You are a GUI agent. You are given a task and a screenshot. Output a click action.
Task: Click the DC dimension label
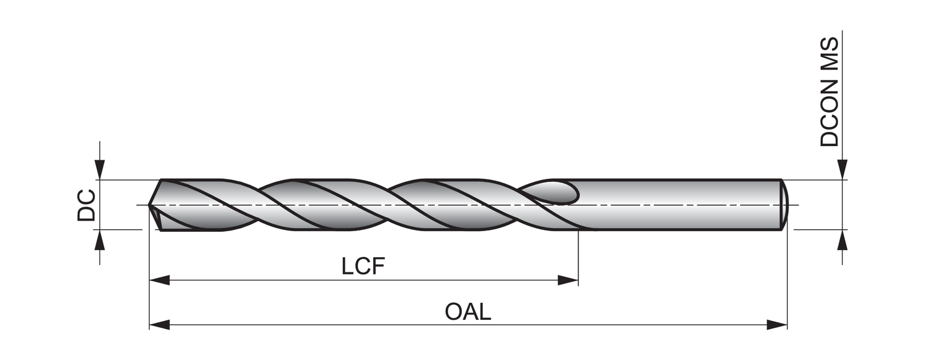pos(86,205)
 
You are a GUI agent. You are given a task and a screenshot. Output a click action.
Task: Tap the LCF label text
pos(363,266)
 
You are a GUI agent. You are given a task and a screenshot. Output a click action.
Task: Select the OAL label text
pos(468,311)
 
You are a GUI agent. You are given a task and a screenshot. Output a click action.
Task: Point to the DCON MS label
pos(829,91)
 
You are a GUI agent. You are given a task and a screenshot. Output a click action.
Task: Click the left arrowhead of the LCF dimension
pos(159,280)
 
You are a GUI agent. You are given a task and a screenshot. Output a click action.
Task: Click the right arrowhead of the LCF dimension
pos(568,280)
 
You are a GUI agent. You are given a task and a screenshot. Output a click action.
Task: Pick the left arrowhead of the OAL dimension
pos(159,325)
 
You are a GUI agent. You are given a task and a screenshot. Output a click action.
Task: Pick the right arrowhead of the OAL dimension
pos(777,325)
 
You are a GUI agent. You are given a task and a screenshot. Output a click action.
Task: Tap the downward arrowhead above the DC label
pos(100,170)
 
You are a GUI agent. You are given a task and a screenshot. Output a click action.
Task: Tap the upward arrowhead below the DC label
pos(100,240)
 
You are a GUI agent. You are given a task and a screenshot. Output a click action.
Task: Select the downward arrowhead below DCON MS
pos(842,170)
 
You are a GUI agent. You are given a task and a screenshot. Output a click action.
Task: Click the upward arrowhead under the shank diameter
pos(842,240)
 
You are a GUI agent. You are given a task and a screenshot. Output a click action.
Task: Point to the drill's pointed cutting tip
pos(150,205)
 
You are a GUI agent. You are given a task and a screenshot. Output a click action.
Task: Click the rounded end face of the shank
pos(784,205)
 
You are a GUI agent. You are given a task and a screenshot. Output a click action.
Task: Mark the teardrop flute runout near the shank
pos(558,192)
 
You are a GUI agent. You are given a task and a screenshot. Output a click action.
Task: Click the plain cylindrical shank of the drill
pos(678,205)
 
